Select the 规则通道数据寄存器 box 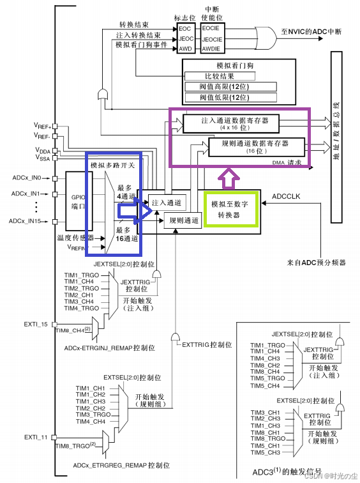tap(255, 147)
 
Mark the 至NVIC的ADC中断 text tap(315, 30)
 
